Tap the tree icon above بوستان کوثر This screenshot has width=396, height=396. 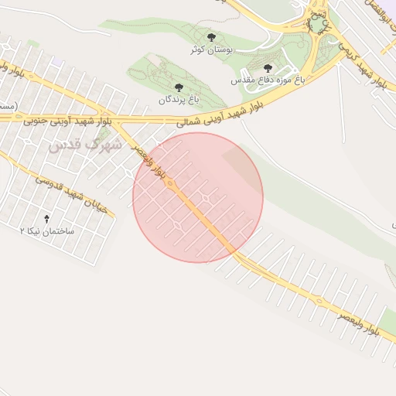[212, 36]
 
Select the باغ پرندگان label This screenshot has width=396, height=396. [179, 100]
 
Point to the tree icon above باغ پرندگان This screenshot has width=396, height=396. [179, 87]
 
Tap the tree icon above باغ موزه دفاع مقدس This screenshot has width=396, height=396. [268, 68]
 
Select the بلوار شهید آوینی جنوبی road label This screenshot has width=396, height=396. [68, 121]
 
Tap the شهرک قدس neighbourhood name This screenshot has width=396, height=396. [86, 145]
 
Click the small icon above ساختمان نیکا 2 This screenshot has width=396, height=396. [48, 219]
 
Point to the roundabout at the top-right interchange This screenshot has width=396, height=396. [317, 24]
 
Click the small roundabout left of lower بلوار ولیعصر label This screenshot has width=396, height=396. [320, 300]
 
